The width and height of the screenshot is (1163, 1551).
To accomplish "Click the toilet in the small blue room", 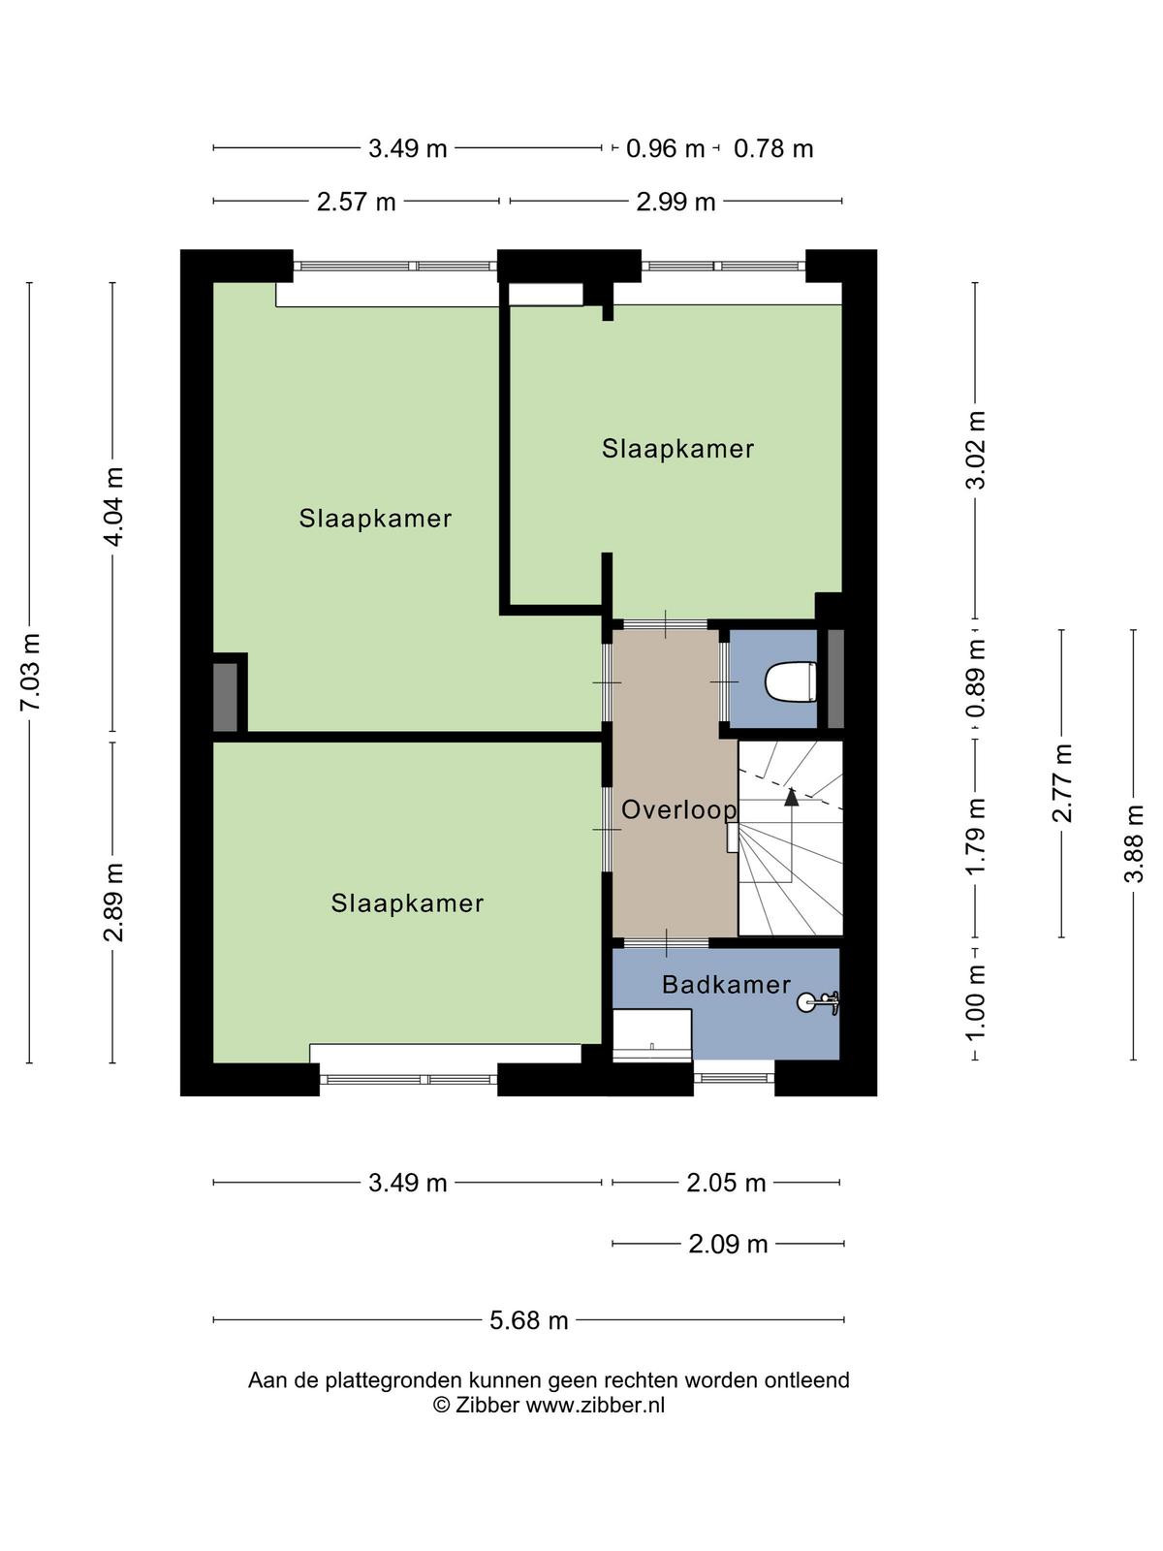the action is [791, 681].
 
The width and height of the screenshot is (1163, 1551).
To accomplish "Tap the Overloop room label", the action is [678, 809].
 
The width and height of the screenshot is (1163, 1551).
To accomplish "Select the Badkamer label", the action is [726, 984].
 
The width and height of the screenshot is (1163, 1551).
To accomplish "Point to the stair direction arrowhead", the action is [792, 797].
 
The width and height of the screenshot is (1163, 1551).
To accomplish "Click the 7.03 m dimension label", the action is [31, 672].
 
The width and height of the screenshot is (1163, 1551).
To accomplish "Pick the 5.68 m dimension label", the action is [529, 1320].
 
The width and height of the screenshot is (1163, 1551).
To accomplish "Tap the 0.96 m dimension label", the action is [665, 148].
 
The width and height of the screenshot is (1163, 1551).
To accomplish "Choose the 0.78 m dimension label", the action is [773, 148].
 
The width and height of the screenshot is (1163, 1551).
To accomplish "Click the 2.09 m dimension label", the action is [728, 1244].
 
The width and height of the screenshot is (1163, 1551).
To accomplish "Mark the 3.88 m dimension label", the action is [1133, 843].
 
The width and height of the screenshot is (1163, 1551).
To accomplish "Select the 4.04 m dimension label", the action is [113, 506].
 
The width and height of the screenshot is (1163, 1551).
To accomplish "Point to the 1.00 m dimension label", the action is [975, 1002].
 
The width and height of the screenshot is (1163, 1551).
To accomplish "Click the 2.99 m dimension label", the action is [676, 202].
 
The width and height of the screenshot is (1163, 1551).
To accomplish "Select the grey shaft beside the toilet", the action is [835, 679].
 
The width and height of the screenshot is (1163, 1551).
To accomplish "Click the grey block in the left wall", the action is [225, 697].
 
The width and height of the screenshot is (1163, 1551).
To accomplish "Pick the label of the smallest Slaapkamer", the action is [677, 449].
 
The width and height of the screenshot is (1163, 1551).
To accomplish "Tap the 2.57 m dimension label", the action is [356, 202].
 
